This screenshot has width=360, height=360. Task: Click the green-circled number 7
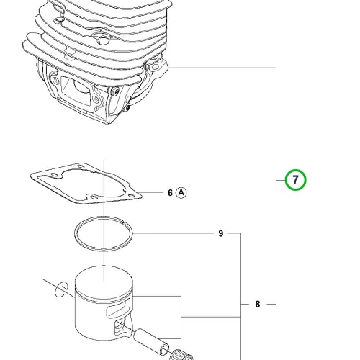click(295, 180)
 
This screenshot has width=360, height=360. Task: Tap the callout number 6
click(170, 193)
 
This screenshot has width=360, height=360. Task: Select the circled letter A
click(181, 193)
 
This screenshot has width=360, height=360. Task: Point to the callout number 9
click(221, 233)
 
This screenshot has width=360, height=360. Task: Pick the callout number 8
click(258, 305)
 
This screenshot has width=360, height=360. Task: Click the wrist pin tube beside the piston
click(151, 341)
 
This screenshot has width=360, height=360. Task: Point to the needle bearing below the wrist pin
click(181, 355)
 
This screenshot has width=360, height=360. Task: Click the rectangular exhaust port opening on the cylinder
click(76, 89)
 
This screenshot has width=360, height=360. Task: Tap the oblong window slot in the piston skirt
click(118, 307)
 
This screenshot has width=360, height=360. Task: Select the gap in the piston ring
click(123, 222)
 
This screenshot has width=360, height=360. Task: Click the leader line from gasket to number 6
click(152, 192)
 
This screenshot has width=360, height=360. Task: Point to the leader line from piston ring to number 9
click(174, 233)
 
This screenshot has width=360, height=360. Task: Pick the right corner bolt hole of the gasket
click(131, 196)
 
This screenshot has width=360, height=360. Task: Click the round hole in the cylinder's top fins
click(103, 40)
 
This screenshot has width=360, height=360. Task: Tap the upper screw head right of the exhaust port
click(116, 91)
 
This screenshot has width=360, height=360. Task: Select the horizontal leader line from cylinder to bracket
click(222, 68)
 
